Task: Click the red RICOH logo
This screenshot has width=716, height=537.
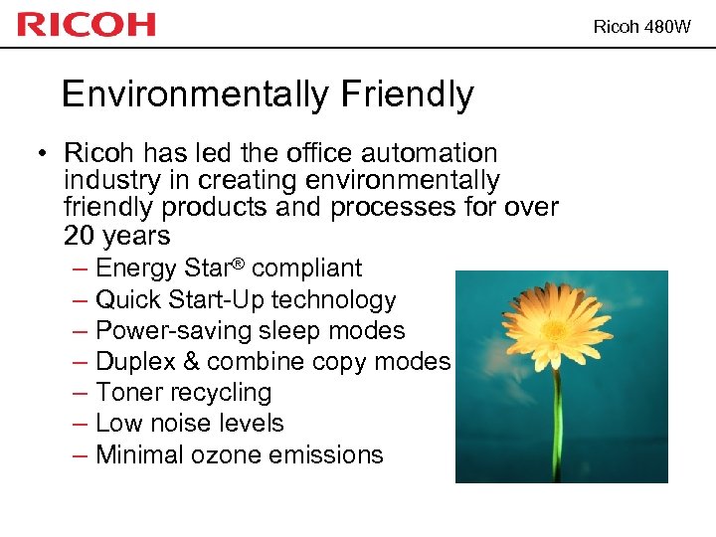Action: [x=87, y=24]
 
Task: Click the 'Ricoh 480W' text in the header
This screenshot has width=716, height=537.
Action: [x=641, y=27]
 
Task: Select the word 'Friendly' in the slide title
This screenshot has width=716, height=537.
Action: [x=407, y=95]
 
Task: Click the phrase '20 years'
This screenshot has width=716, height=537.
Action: [x=116, y=236]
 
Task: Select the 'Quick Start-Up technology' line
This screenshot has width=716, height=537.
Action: [x=246, y=299]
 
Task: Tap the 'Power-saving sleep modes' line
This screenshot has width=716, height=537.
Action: [x=250, y=330]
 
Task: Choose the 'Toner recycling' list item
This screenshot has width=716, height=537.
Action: [x=183, y=393]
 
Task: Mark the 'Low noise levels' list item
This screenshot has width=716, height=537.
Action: [x=189, y=424]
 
